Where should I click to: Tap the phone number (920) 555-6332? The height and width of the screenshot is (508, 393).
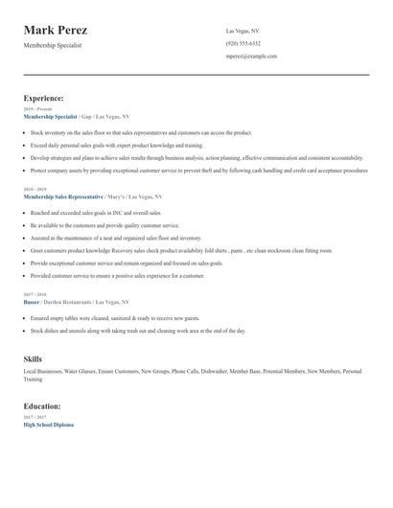243,43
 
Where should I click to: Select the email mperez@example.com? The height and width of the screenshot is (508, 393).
251,56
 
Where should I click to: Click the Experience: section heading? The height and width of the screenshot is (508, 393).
44,98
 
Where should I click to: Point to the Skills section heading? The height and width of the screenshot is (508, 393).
33,358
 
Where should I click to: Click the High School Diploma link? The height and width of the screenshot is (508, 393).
48,424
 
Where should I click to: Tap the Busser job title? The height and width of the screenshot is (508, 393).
32,301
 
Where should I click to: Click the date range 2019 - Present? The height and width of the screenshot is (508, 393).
37,109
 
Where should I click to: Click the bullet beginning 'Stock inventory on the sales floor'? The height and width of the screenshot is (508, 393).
141,132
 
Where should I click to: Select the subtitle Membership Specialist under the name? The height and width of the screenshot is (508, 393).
53,45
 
